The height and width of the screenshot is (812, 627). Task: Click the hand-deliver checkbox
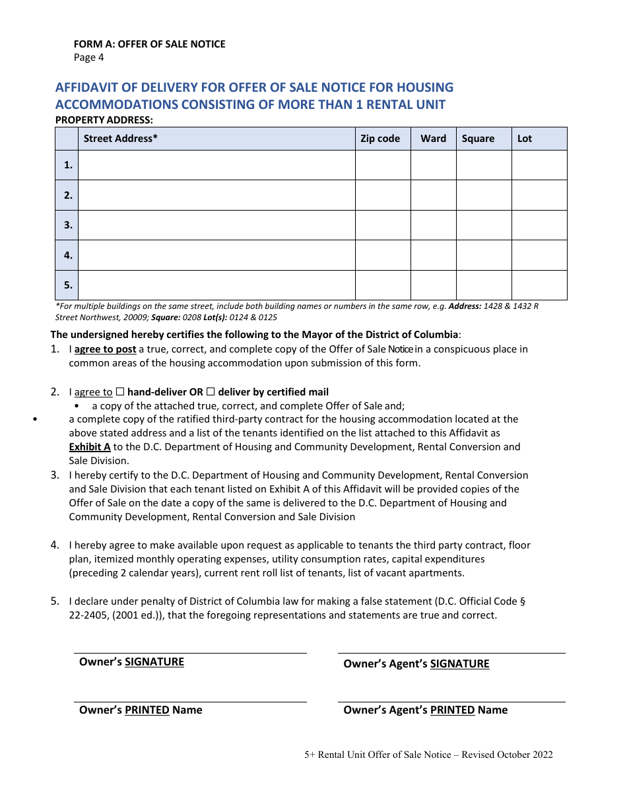pyautogui.click(x=119, y=392)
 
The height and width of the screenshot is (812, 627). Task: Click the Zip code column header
pyautogui.click(x=380, y=139)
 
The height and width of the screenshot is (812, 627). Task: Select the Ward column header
pyautogui.click(x=433, y=139)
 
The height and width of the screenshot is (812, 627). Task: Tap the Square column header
pyautogui.click(x=478, y=139)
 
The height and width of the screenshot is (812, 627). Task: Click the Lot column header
pyautogui.click(x=525, y=139)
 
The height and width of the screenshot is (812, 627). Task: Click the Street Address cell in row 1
pyautogui.click(x=216, y=165)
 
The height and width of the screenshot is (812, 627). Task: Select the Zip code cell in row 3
pyautogui.click(x=383, y=225)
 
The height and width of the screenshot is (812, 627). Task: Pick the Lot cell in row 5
pyautogui.click(x=539, y=285)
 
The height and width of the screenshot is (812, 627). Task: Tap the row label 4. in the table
pyautogui.click(x=67, y=255)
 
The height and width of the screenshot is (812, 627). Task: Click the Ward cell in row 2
pyautogui.click(x=433, y=195)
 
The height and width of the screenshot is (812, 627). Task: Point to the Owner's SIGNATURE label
pyautogui.click(x=131, y=662)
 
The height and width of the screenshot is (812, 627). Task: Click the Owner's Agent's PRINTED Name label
pyautogui.click(x=425, y=710)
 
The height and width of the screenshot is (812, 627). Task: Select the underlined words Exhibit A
pyautogui.click(x=90, y=447)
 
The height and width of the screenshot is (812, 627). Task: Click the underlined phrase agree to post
pyautogui.click(x=105, y=349)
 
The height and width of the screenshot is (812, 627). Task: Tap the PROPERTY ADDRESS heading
pyautogui.click(x=104, y=119)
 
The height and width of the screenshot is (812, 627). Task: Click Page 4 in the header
pyautogui.click(x=88, y=57)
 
